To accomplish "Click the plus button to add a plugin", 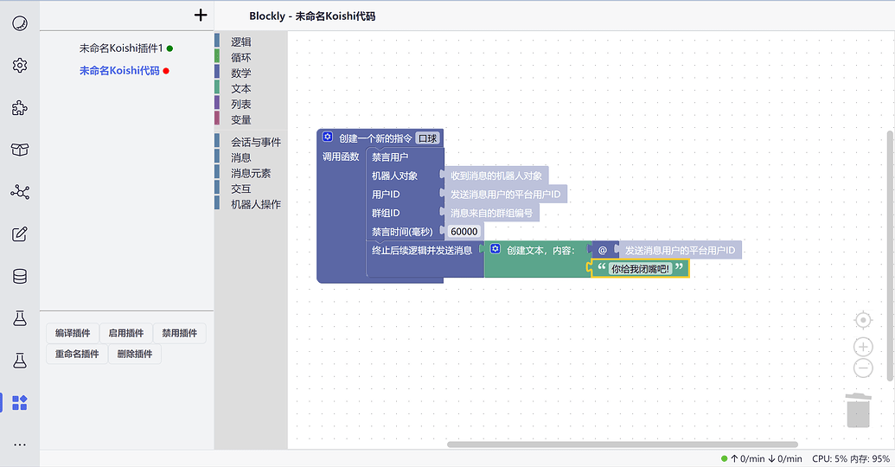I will click(x=201, y=15).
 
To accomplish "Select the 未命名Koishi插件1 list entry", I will click(x=120, y=48).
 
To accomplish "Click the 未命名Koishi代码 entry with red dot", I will click(x=119, y=71).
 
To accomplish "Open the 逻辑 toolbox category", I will click(x=240, y=42).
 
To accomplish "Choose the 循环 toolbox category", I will click(x=240, y=57).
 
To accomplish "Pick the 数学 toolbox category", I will click(x=240, y=73).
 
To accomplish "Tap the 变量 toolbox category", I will click(x=240, y=119).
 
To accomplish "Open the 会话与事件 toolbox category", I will click(x=255, y=142).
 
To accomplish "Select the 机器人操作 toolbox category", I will click(x=255, y=204).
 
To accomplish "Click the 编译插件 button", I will click(x=73, y=333).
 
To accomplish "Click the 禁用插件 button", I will click(x=180, y=333).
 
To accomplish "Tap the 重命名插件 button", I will click(x=77, y=354).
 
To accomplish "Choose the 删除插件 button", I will click(x=134, y=354).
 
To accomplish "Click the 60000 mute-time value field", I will click(x=464, y=232).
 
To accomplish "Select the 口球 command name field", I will click(x=427, y=138).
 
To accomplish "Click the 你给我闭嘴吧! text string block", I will click(x=641, y=269).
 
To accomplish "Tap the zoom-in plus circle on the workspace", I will click(x=863, y=347).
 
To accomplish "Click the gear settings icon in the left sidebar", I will click(x=20, y=65).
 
